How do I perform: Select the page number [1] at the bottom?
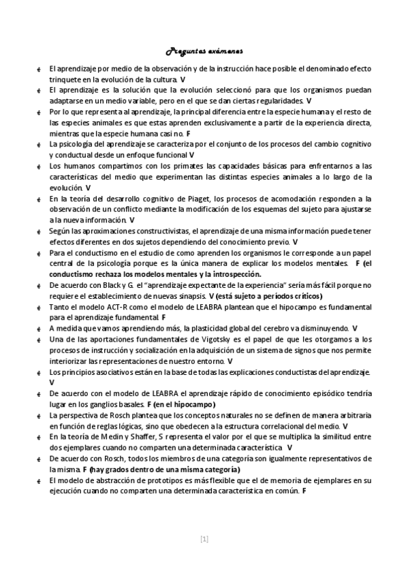(x=204, y=539)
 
